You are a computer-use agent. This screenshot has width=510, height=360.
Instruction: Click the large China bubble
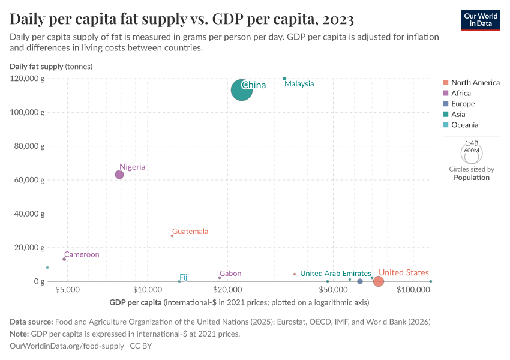click(242, 90)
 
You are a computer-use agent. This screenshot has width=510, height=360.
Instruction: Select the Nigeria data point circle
click(119, 175)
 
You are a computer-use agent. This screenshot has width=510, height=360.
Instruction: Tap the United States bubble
click(379, 281)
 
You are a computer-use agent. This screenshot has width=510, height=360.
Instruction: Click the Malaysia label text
click(299, 84)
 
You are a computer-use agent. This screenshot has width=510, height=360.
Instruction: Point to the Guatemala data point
click(172, 236)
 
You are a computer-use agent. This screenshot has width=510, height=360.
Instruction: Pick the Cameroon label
click(82, 254)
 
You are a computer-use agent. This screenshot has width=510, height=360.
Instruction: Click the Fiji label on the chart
click(184, 277)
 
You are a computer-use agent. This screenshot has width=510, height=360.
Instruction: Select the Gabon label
click(230, 274)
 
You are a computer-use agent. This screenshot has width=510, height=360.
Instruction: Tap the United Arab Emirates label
click(335, 274)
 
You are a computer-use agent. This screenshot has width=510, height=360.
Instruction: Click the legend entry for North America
click(475, 82)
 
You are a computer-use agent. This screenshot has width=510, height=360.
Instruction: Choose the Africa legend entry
click(461, 93)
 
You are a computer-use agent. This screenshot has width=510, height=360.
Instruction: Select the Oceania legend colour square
click(445, 125)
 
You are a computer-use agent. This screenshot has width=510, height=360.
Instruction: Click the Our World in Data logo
click(481, 20)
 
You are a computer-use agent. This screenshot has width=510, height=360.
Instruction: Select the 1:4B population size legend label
click(472, 143)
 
